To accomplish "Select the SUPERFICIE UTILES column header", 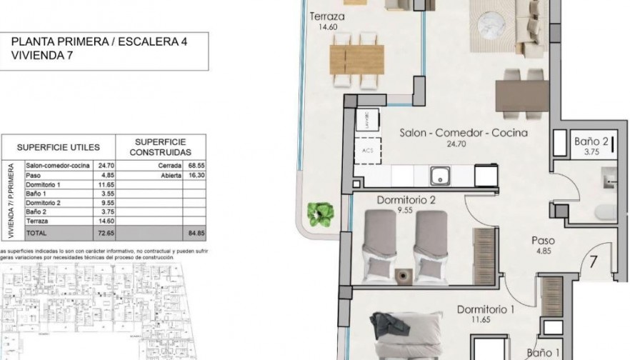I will pos(58,147).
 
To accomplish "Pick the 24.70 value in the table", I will pos(105,166).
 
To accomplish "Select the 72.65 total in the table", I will pos(105,234).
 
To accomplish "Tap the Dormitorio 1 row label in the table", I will pos(44,184).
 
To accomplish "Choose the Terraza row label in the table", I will pos(37,221).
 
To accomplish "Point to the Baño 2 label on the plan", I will pos(591,141).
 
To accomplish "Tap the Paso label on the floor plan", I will pos(543,241).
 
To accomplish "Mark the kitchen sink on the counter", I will pos(439,174).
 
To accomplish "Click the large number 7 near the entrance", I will pos(591,261).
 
